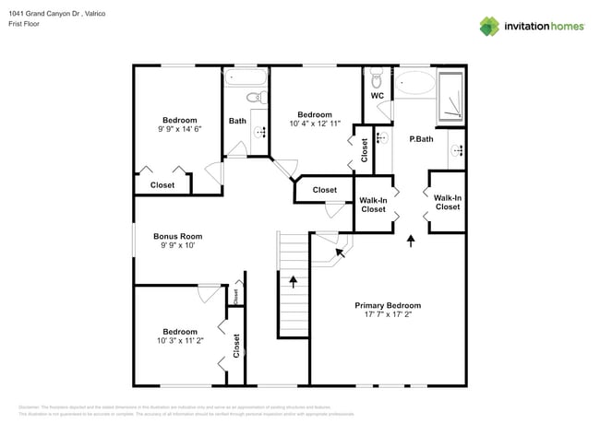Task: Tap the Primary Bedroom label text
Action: [x=388, y=305]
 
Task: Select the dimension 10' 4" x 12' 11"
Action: [x=315, y=124]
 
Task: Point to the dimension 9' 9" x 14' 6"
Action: [x=180, y=129]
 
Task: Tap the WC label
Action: [x=377, y=96]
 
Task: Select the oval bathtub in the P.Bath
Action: [x=414, y=84]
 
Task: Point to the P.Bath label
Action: [x=421, y=139]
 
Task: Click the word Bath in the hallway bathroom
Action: [x=237, y=121]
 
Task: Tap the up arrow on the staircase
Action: [x=294, y=281]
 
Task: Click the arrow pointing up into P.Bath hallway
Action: [x=411, y=241]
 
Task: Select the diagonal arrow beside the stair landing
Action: [x=339, y=250]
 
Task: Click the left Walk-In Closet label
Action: [x=373, y=205]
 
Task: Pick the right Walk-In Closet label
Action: [x=448, y=202]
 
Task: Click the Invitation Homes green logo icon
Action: [x=489, y=26]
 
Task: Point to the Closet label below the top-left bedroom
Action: [x=162, y=185]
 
